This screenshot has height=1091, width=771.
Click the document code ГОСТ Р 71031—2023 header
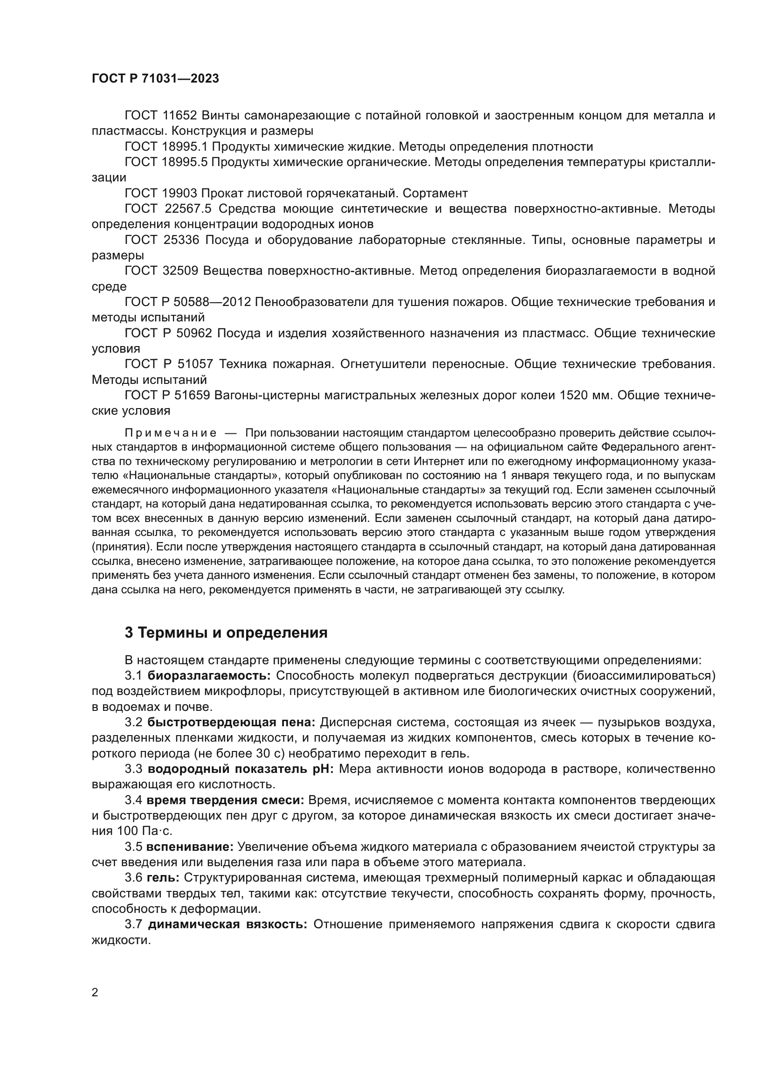click(155, 79)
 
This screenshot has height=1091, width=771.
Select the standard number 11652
click(182, 116)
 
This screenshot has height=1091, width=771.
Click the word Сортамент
click(437, 194)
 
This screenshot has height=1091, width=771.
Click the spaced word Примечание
click(171, 433)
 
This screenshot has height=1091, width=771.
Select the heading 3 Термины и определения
click(226, 633)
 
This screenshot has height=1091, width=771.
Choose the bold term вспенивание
click(189, 847)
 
